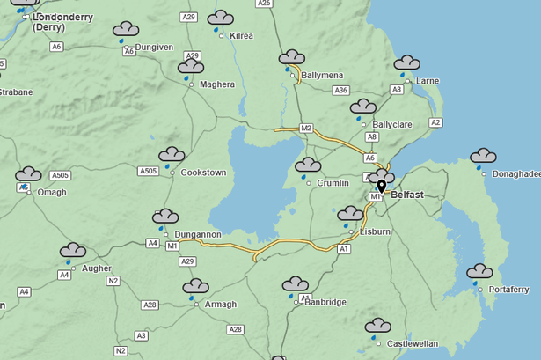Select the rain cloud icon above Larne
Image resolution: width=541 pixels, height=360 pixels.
(x=406, y=64)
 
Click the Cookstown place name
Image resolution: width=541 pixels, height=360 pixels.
(x=203, y=173)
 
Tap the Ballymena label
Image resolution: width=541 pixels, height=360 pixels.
(x=322, y=76)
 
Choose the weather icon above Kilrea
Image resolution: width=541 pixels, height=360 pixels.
(x=220, y=19)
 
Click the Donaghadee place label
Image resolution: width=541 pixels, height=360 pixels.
(x=515, y=174)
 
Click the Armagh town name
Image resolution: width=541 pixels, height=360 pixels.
(x=220, y=304)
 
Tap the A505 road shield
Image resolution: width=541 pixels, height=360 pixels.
(x=149, y=171)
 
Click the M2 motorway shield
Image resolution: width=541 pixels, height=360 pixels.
(x=306, y=129)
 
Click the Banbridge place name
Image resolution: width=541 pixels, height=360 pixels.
(x=325, y=302)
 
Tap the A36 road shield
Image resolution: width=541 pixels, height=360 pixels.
(x=341, y=91)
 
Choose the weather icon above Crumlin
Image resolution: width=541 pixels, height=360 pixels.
(x=308, y=166)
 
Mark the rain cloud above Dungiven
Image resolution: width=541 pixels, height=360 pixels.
(x=126, y=32)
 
